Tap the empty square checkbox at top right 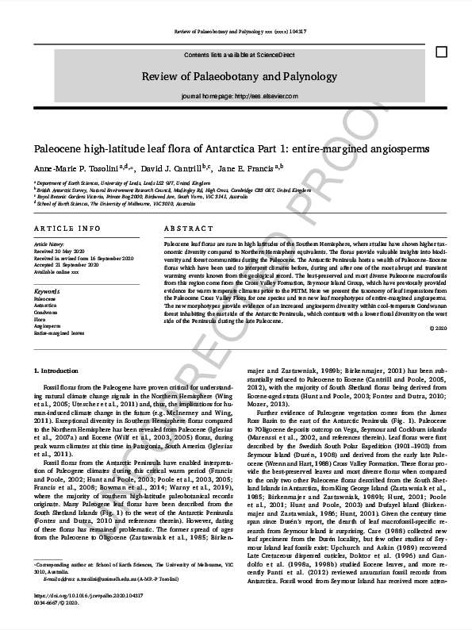(441, 52)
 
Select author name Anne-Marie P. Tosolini (75, 169)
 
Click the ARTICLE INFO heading (67, 228)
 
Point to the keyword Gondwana (45, 313)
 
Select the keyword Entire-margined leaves (59, 334)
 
